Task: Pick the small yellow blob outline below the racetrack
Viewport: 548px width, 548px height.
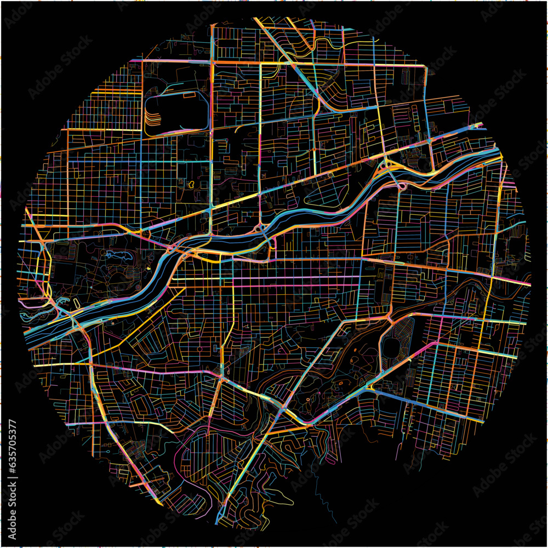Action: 191,185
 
